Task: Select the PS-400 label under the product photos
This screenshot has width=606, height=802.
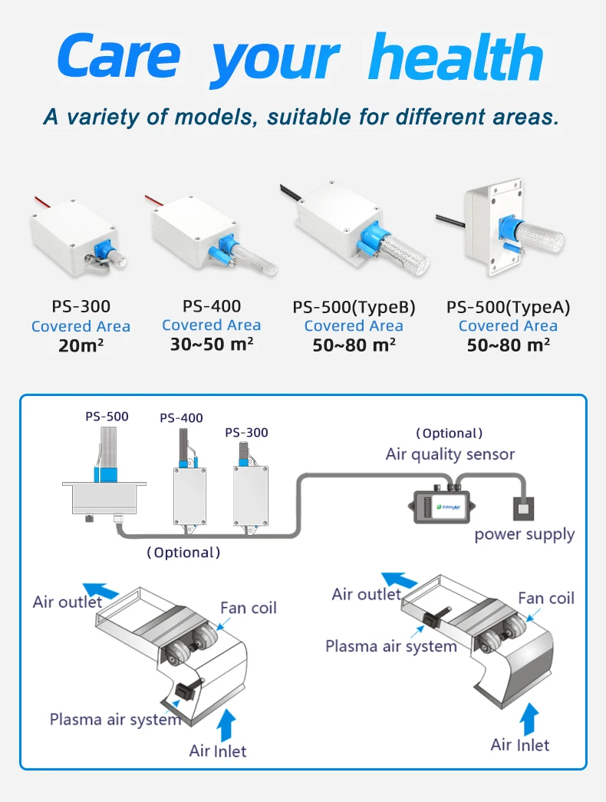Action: point(212,306)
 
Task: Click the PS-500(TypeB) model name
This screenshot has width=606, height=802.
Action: point(354,308)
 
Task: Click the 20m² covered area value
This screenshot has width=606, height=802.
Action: point(81,345)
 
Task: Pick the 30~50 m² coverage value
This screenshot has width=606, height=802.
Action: point(212,344)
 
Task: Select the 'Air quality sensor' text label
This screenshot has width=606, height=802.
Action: point(450,454)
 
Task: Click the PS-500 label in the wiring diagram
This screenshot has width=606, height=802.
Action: point(107,417)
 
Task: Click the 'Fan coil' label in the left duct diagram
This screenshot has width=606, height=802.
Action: point(249,608)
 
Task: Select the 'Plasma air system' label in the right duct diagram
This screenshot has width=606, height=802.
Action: point(391,645)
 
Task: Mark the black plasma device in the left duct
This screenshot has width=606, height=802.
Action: point(186,691)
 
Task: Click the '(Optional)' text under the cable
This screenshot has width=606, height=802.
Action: point(183,552)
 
